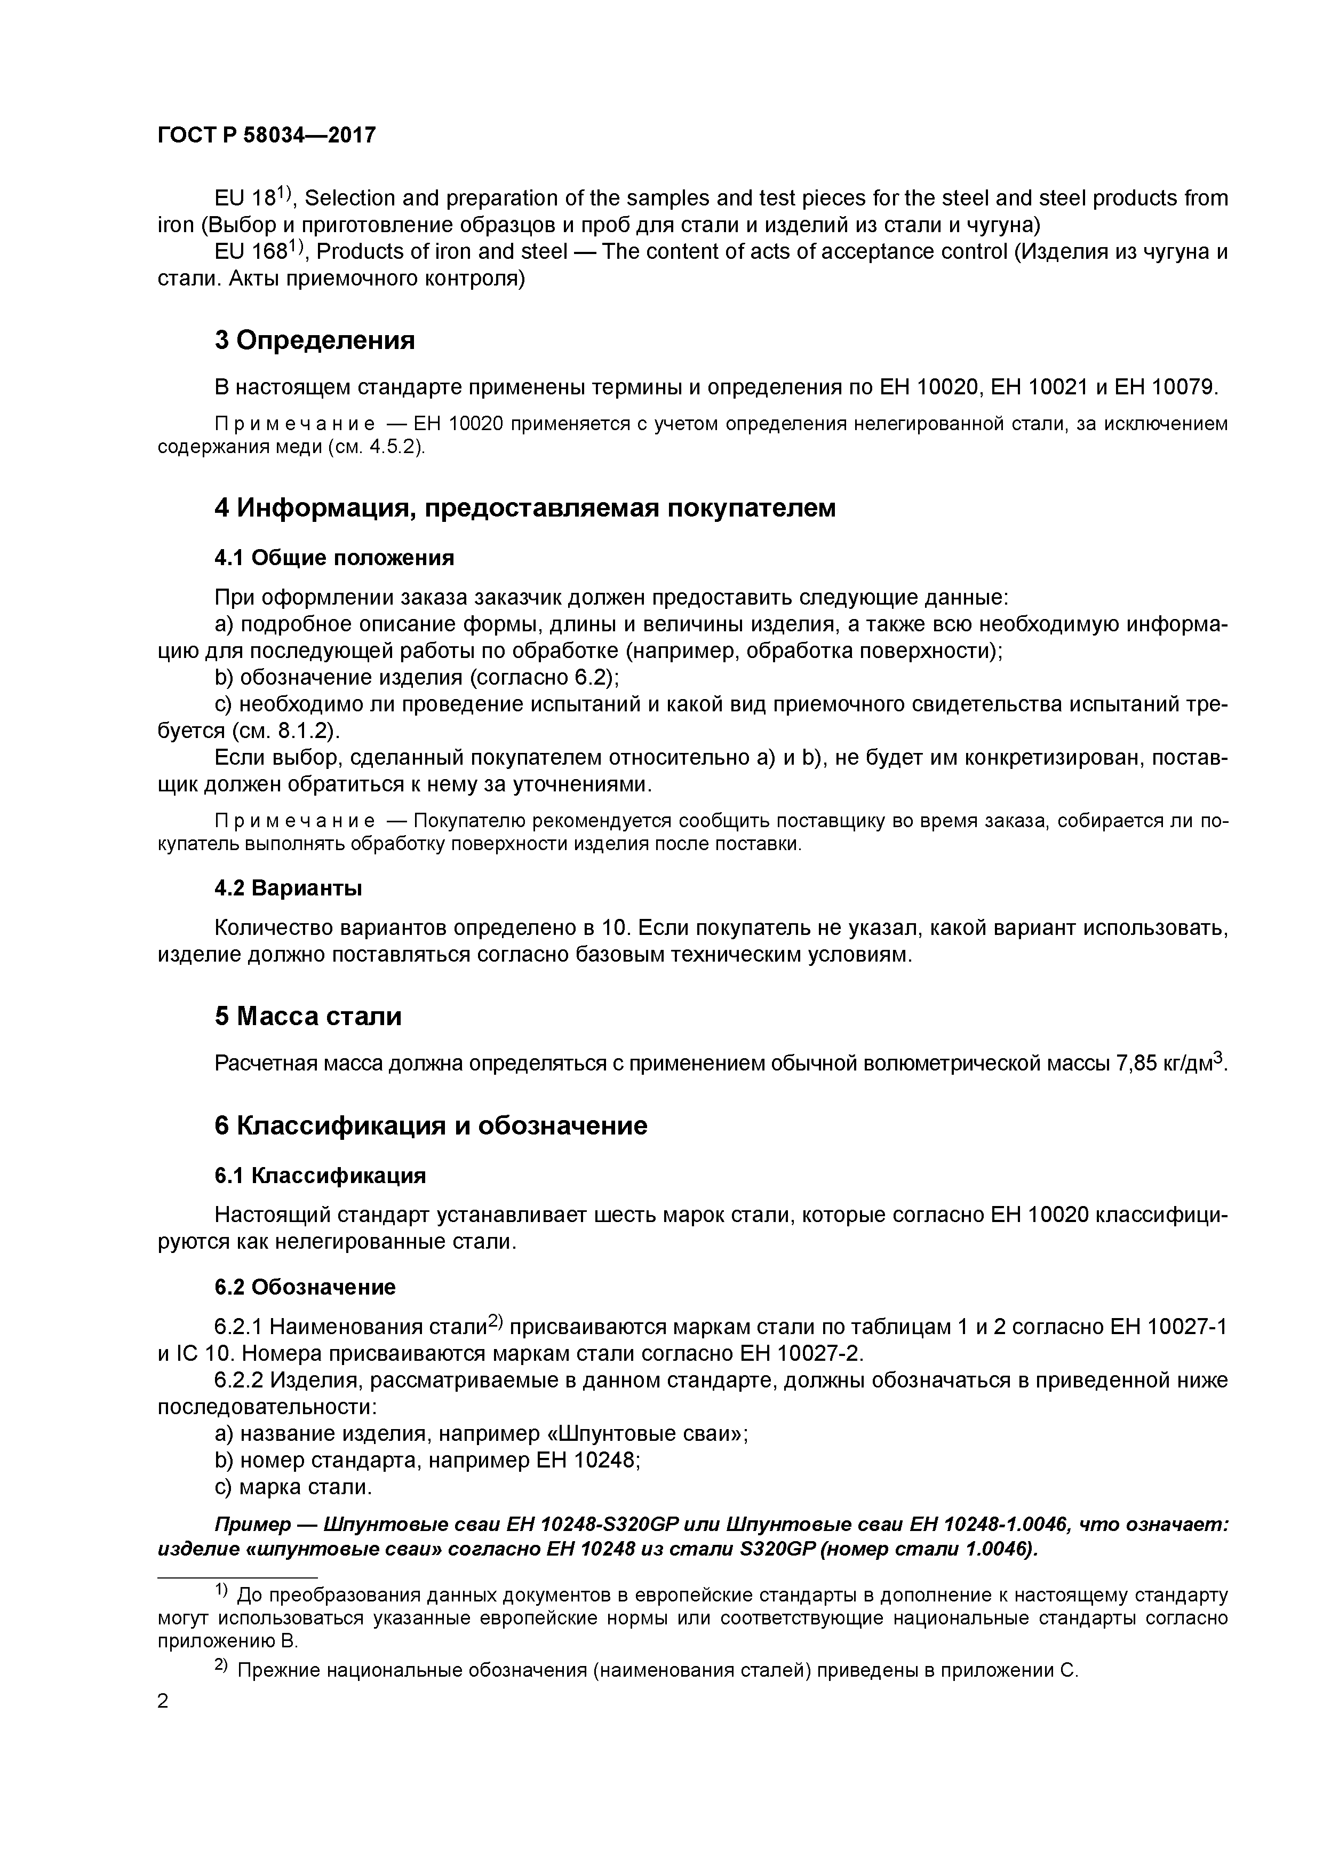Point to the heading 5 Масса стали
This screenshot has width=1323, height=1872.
(308, 1016)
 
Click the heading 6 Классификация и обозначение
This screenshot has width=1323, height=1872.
(431, 1125)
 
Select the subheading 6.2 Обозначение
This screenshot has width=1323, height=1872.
(305, 1287)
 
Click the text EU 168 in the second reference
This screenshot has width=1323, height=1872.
(244, 252)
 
